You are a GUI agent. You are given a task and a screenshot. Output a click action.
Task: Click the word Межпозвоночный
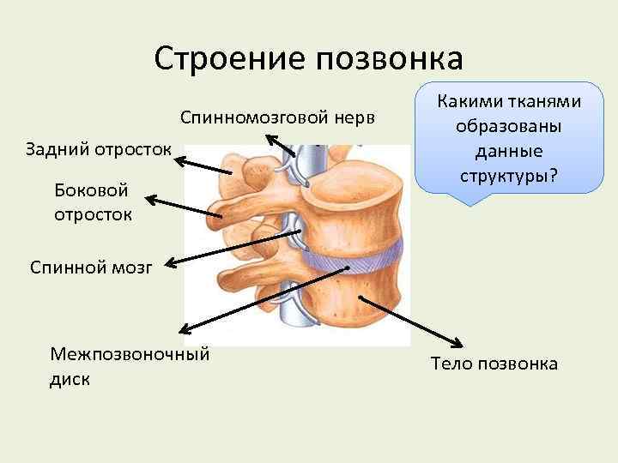(130, 354)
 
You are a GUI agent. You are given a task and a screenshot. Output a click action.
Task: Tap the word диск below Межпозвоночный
(70, 378)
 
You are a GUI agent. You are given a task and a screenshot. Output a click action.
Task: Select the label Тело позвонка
(494, 364)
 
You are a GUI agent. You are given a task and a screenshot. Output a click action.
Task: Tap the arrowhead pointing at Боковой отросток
(151, 200)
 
